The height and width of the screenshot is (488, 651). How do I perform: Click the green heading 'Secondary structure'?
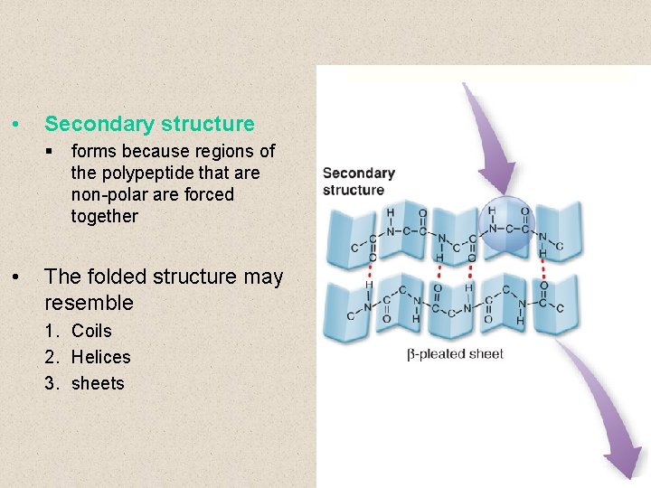click(149, 124)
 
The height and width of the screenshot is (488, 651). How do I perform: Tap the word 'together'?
click(105, 216)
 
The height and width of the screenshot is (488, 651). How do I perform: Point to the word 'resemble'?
click(89, 302)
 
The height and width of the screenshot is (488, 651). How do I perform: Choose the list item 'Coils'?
click(91, 331)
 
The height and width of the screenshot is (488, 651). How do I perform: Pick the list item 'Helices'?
click(100, 357)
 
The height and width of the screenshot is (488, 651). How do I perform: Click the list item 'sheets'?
click(98, 383)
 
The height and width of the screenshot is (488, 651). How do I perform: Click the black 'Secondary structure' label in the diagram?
click(358, 181)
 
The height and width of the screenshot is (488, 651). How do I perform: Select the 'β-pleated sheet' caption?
click(455, 353)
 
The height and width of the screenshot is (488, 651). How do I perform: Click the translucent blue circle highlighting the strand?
click(506, 223)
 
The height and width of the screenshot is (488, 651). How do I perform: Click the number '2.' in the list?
click(52, 357)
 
